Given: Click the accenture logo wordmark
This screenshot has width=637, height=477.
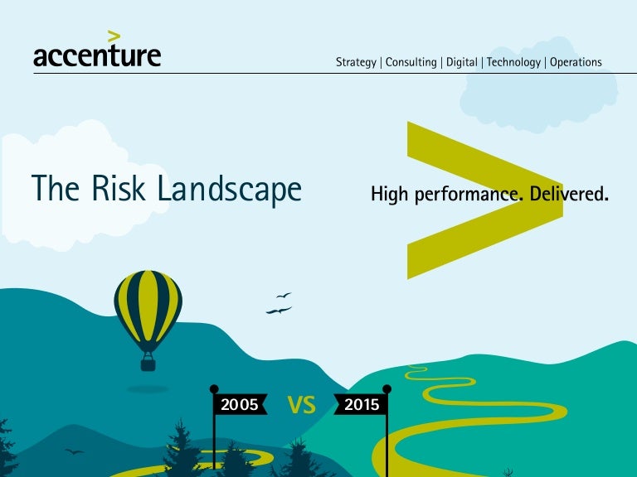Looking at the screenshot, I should (97, 55).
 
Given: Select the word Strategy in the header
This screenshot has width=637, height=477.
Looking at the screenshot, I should (356, 62).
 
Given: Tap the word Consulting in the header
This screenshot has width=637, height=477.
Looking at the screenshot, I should (411, 62).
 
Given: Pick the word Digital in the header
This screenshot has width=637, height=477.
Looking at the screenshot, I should (462, 62).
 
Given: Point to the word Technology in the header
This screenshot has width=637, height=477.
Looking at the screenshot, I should (513, 62).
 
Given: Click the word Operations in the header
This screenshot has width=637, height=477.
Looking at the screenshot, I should (576, 62).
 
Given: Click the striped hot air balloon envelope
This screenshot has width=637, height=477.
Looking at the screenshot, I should (148, 306).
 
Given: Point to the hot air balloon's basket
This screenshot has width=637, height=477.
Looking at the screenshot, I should (148, 362).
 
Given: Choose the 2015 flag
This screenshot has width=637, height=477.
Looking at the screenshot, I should (360, 405).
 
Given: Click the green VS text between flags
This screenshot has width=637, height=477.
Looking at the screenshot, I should (301, 405).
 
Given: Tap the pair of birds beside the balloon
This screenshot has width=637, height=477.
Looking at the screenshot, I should (280, 305).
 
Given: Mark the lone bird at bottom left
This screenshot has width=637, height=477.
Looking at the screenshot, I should (75, 451).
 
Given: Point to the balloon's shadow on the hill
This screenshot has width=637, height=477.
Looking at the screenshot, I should (148, 388).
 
